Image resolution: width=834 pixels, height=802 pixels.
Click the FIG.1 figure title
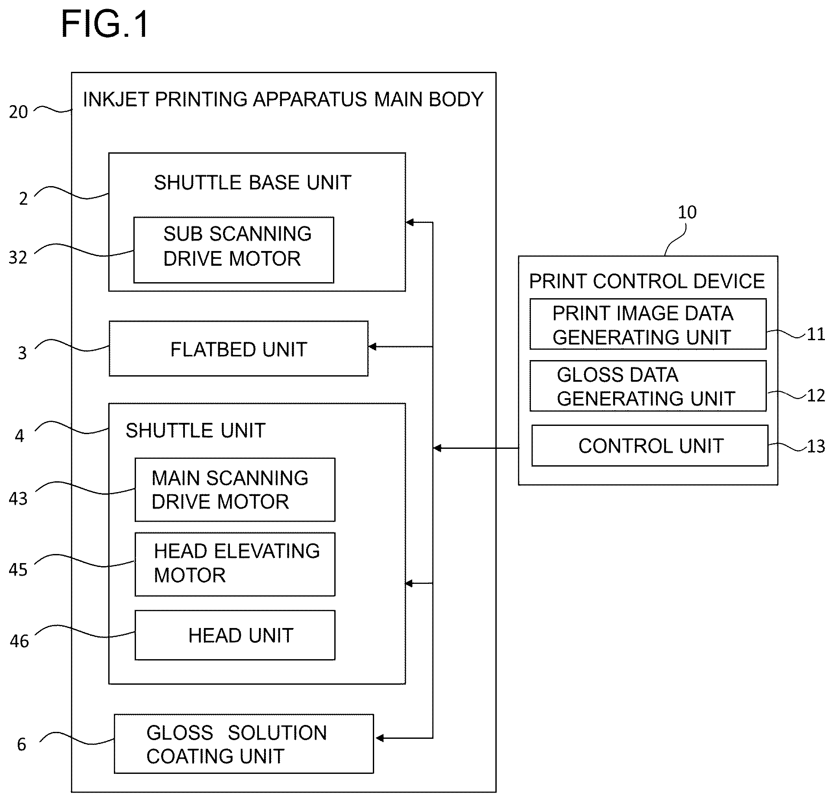point(105,24)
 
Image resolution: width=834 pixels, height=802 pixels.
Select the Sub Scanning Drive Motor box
point(234,250)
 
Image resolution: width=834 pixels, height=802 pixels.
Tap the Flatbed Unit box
point(239,348)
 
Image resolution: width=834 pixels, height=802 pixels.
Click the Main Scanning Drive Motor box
point(235,490)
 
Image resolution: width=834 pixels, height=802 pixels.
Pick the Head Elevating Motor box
point(235,564)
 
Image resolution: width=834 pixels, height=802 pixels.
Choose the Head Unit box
point(235,635)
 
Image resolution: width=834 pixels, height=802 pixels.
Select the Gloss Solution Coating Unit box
point(244,744)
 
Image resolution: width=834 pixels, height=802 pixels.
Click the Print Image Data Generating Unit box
point(648,324)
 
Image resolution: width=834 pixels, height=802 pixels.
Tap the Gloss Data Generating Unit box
point(648,386)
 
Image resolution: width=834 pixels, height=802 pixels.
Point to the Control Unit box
point(650,446)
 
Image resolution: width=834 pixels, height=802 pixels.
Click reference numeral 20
point(18,112)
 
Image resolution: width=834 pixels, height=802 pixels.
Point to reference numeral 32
point(18,258)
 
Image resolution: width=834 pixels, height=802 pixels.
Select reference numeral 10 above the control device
point(687,212)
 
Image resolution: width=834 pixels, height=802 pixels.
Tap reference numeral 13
point(816,447)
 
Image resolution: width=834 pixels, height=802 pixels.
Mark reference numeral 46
point(19,641)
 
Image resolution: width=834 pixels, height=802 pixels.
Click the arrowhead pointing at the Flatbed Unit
point(372,347)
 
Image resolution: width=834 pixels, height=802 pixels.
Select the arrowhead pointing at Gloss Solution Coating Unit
point(380,738)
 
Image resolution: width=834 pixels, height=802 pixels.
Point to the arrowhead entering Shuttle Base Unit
point(410,222)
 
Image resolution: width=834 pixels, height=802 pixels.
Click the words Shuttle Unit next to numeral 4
point(195,431)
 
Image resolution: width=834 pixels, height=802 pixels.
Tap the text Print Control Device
point(647,281)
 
